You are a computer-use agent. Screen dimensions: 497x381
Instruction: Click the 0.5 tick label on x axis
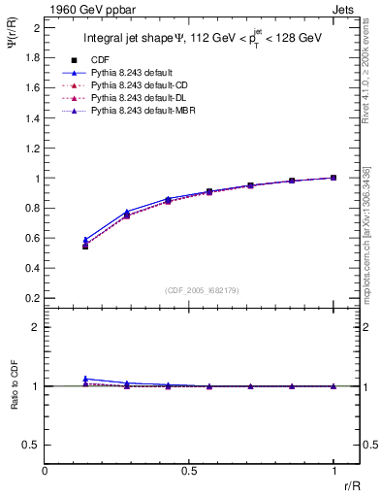click(189, 472)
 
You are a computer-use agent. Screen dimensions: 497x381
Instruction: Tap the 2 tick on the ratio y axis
click(36, 328)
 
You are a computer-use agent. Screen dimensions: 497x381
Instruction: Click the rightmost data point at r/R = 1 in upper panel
click(333, 178)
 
